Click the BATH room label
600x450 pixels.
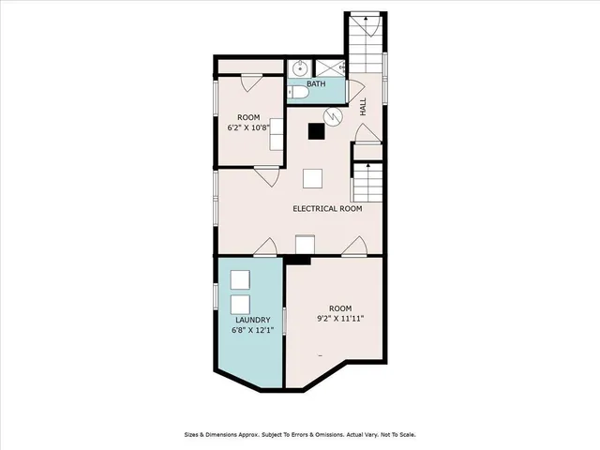(x=316, y=84)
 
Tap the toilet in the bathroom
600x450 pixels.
(x=296, y=90)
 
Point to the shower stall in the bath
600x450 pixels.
(x=330, y=67)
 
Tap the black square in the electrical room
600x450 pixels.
(x=316, y=131)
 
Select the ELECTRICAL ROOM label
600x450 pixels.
(x=327, y=208)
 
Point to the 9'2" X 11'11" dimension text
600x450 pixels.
(x=340, y=319)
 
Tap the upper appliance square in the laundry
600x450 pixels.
(x=240, y=279)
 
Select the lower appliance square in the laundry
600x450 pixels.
(x=240, y=305)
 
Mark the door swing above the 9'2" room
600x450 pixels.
(x=354, y=246)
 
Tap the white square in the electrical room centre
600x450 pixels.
(x=313, y=177)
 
